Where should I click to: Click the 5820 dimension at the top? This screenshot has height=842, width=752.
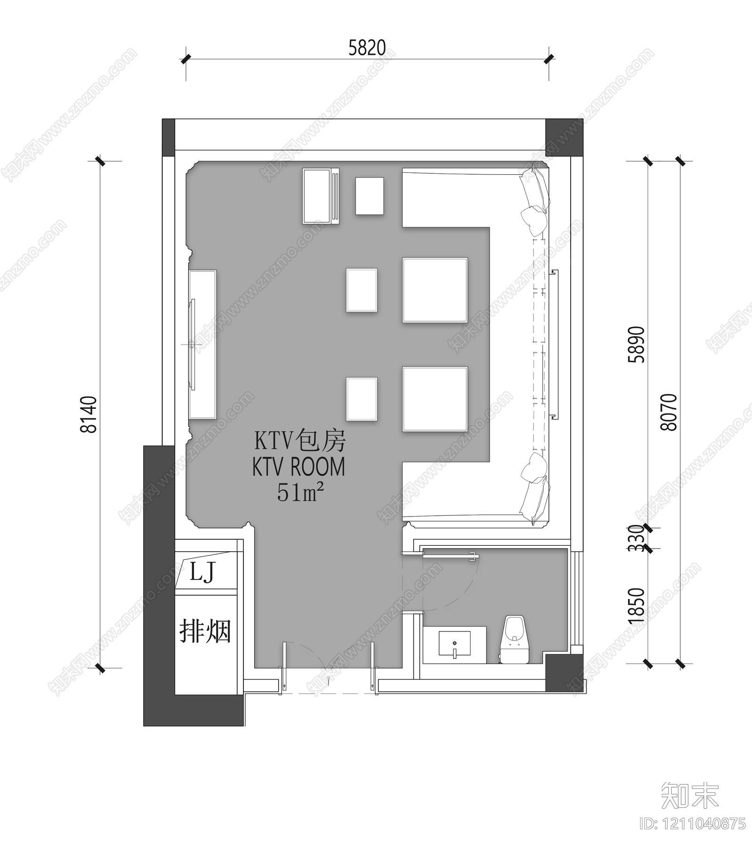(x=367, y=48)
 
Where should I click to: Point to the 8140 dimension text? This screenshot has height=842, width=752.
(x=89, y=414)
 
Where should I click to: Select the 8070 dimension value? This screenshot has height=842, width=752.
(x=669, y=412)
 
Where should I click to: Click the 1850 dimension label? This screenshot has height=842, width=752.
(x=637, y=605)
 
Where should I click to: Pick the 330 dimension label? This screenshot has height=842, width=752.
(x=637, y=538)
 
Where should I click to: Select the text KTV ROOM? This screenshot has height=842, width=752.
(x=298, y=467)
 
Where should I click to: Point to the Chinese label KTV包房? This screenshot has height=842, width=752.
(x=300, y=441)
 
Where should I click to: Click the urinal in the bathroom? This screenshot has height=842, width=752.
(x=515, y=639)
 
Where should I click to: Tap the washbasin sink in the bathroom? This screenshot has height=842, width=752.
(x=454, y=644)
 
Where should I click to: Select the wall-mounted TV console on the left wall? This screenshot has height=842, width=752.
(x=203, y=344)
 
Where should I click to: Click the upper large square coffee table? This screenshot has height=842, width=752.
(x=435, y=290)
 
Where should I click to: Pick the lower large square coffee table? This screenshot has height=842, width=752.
(x=435, y=399)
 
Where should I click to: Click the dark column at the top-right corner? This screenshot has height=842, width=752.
(x=564, y=138)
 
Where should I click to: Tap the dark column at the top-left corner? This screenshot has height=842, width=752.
(x=168, y=138)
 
